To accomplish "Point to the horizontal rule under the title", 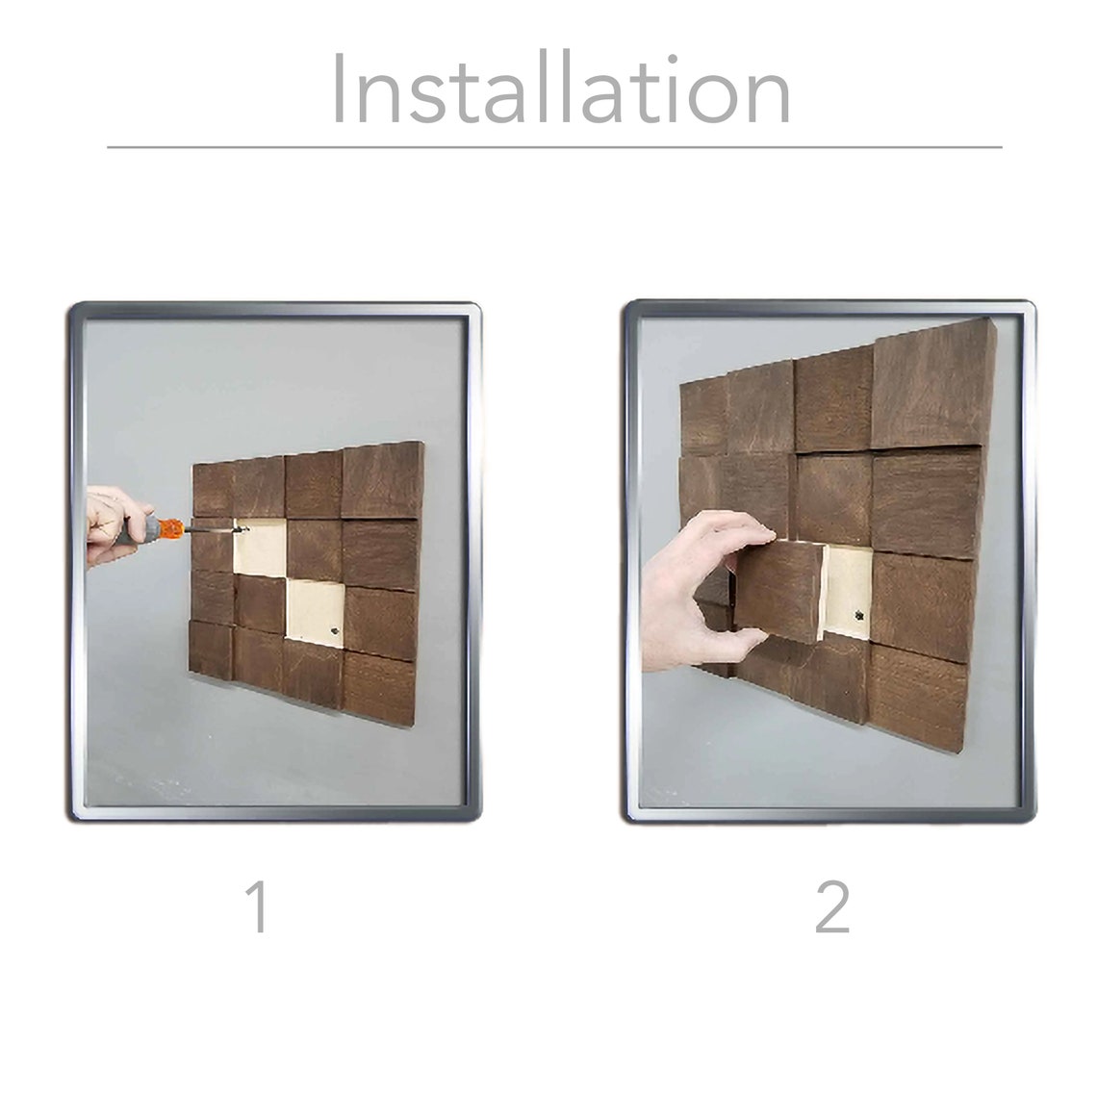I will [553, 147].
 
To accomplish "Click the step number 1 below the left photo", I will [257, 907].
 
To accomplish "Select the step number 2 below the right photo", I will [832, 907].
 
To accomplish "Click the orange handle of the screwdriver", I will [167, 528].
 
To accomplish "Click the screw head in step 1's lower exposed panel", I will [332, 630].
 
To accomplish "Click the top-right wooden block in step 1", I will [382, 479].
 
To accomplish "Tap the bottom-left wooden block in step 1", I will [212, 650].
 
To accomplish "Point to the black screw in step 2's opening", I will [857, 613].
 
